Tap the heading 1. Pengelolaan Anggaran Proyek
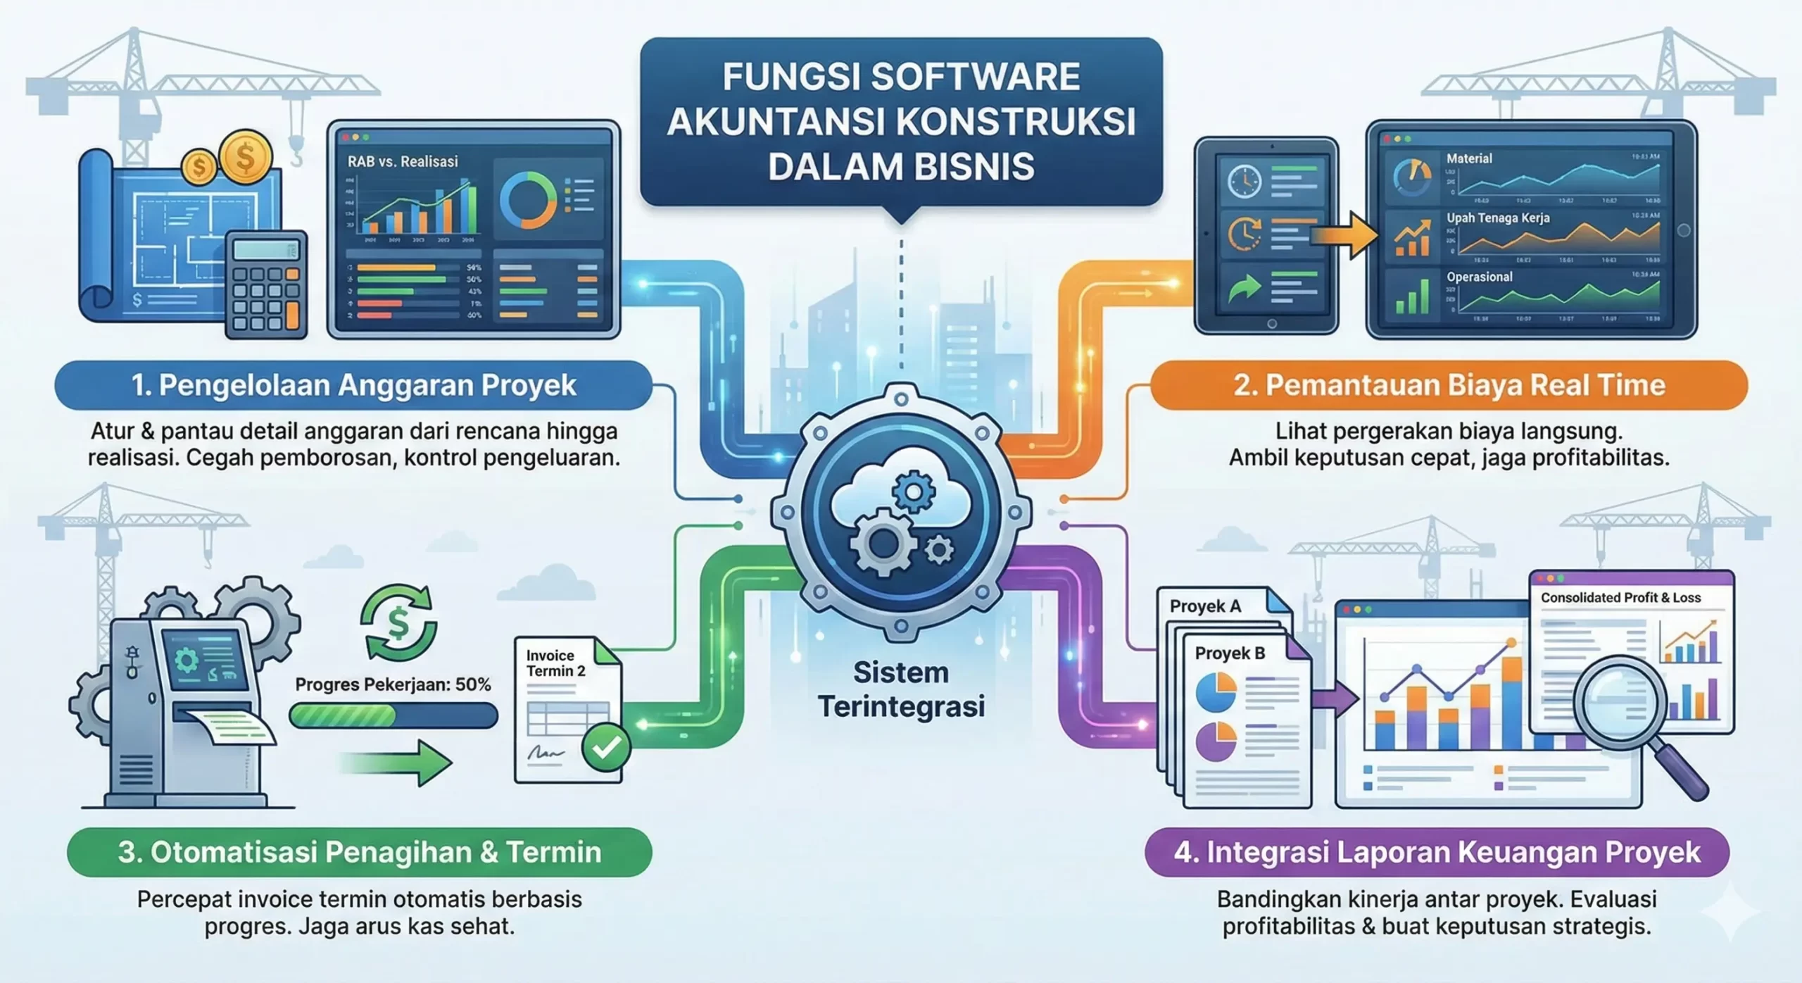pos(353,385)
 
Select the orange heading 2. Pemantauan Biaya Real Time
pos(1449,385)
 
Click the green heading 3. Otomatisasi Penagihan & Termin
pos(359,852)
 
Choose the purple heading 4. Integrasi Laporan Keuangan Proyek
pos(1437,852)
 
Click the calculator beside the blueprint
pos(266,284)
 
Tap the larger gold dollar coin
pos(245,156)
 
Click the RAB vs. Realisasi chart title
pos(403,161)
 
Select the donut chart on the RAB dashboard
pos(527,200)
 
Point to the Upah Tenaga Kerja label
pos(1498,218)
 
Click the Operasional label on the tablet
pos(1479,277)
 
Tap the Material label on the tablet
pos(1469,158)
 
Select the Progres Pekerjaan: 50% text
pos(393,684)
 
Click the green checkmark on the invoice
pos(606,747)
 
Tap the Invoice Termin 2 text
pos(555,663)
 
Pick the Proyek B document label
pos(1230,653)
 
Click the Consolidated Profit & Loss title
pos(1620,598)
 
